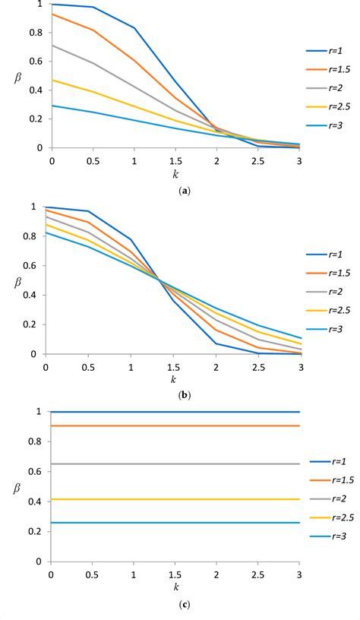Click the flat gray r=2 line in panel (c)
pos(175,463)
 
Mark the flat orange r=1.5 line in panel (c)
pos(175,425)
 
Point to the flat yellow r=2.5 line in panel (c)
pos(175,499)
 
